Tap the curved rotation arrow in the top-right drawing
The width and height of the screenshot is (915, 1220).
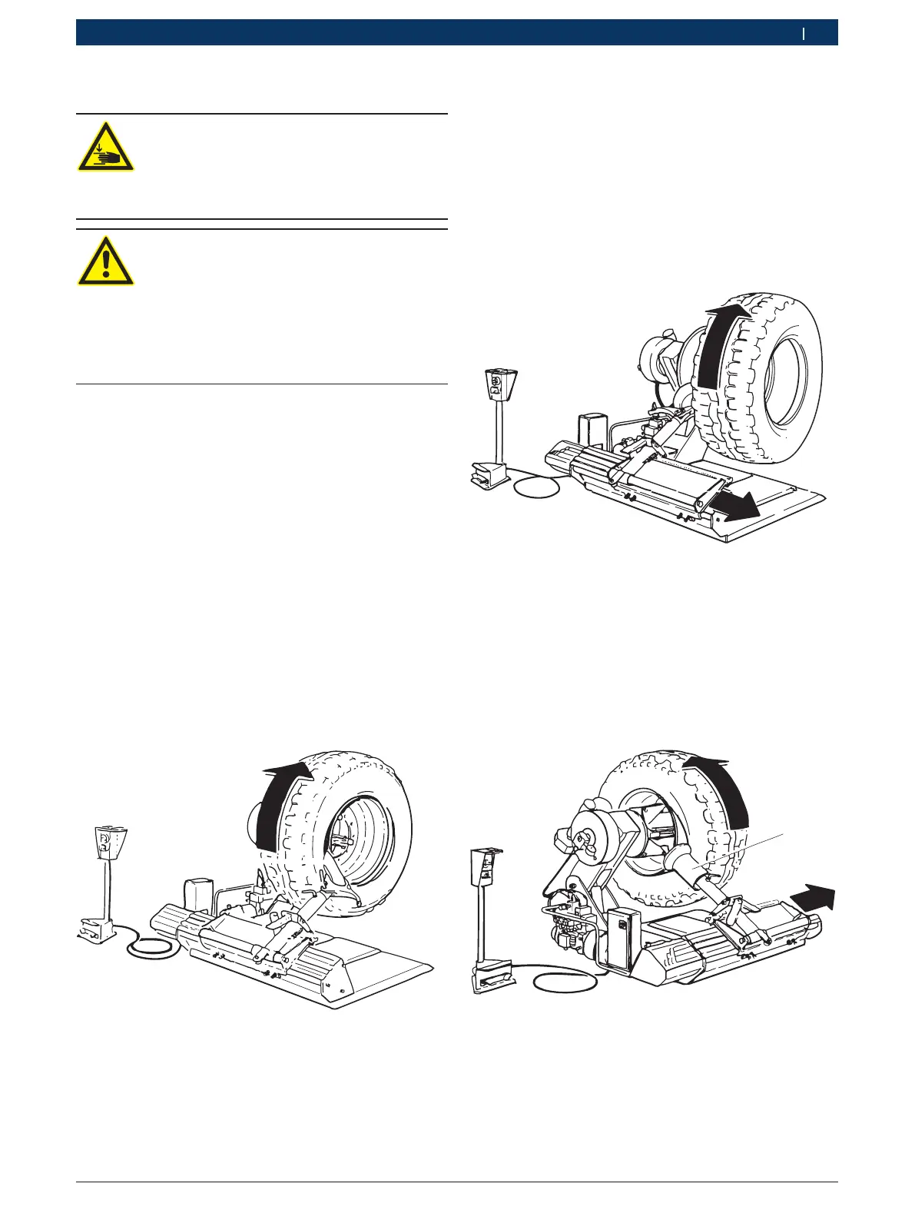pyautogui.click(x=719, y=346)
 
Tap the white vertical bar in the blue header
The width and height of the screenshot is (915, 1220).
pyautogui.click(x=804, y=33)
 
